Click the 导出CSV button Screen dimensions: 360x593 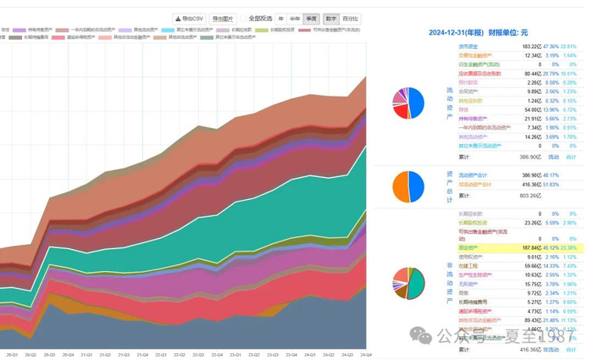tap(189, 18)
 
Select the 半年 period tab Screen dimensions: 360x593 tap(295, 18)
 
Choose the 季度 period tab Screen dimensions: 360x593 tap(311, 18)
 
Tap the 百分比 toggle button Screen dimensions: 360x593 tap(350, 18)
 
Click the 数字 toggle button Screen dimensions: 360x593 tap(330, 18)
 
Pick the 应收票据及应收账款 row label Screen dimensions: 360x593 tap(479, 74)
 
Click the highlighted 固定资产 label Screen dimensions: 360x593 tap(468, 247)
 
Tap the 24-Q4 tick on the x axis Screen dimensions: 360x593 tap(366, 354)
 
